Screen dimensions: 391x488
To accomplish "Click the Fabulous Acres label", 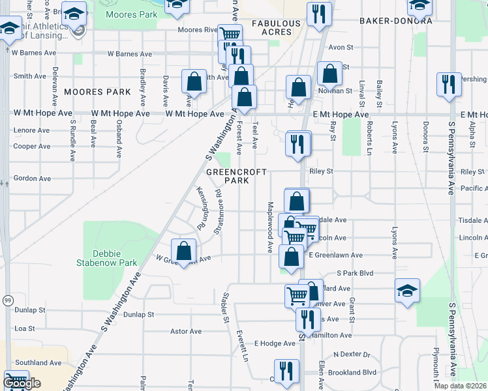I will [281, 28].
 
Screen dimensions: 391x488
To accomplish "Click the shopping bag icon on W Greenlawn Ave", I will [185, 250].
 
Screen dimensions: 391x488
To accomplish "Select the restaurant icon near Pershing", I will [449, 85].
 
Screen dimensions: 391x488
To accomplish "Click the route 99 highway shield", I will [7, 300].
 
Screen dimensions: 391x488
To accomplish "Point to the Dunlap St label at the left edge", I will [29, 310].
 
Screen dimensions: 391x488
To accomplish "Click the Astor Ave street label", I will [186, 331].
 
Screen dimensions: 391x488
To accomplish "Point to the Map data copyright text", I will [460, 386].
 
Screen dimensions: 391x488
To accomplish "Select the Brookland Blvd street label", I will [353, 372].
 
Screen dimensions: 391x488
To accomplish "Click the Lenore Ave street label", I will [31, 130].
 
